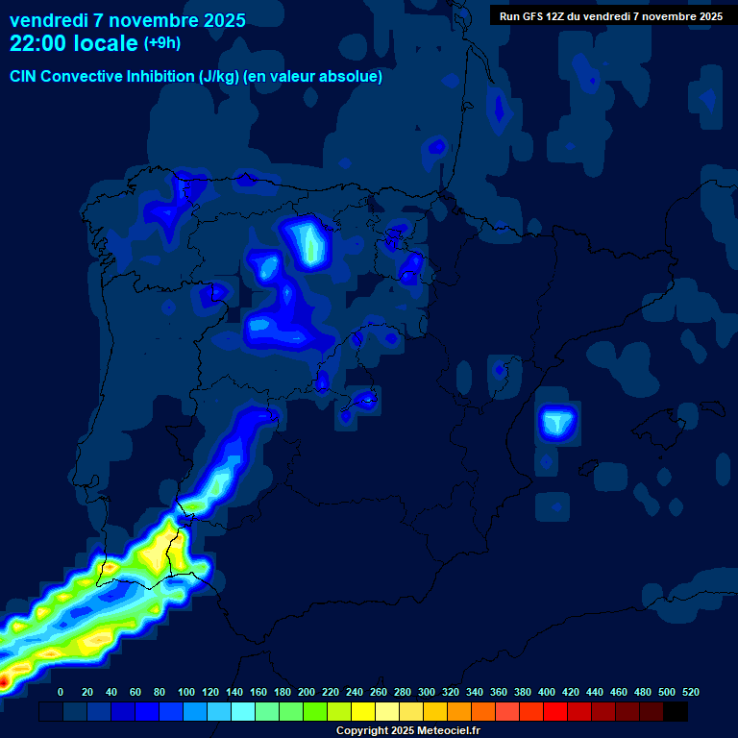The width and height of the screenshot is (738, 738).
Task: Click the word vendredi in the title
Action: (x=47, y=20)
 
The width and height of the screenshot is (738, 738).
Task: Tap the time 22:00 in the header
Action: (x=37, y=43)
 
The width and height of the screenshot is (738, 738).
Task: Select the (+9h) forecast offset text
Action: (x=161, y=43)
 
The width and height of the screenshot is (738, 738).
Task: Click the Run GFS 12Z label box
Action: (x=610, y=16)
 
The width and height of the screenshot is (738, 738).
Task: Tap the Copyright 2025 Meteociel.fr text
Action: (x=407, y=731)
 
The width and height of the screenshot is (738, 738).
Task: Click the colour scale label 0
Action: (x=61, y=692)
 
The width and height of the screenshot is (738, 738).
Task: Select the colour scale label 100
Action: (x=185, y=692)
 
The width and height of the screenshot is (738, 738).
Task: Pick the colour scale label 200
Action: (x=307, y=692)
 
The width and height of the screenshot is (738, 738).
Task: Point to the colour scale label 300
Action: (x=427, y=692)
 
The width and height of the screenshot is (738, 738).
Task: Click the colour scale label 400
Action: (x=547, y=692)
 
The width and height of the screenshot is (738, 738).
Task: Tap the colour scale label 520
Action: (x=690, y=692)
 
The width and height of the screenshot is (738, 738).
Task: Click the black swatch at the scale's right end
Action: (x=676, y=712)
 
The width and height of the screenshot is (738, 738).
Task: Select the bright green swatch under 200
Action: (x=315, y=712)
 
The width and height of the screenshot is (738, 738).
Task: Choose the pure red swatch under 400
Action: (x=555, y=712)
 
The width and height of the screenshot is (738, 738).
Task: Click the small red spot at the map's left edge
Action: (x=3, y=681)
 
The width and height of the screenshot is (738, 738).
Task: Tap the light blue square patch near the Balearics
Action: (x=557, y=421)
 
